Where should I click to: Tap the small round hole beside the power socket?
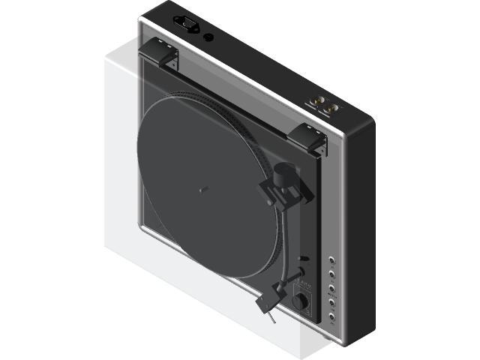(208, 35)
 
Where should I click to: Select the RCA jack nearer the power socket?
(317, 100)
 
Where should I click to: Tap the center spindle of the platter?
(202, 189)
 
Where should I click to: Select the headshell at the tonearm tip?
(266, 301)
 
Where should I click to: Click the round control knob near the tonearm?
(301, 301)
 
